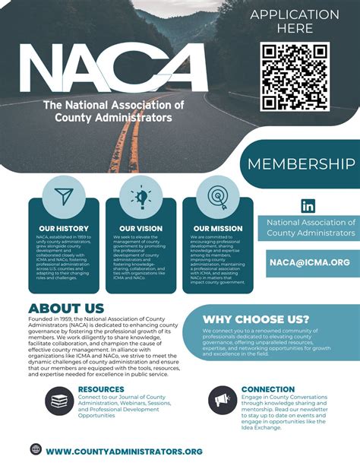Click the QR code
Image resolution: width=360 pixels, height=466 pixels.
coord(294,78)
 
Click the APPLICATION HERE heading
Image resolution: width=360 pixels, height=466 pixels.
coord(295,21)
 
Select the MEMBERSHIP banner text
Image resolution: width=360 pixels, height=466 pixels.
coord(302,164)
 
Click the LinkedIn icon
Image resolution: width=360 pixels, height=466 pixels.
coord(308,205)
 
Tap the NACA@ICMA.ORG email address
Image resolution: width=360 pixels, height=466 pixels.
coord(309,262)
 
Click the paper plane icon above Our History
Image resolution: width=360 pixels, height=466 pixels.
coord(63,195)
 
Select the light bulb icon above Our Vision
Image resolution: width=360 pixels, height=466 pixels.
coord(141,195)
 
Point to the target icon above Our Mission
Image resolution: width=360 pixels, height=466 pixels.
coord(218,195)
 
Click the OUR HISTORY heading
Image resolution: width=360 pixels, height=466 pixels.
coord(63,228)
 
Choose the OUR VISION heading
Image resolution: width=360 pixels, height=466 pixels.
coord(141,228)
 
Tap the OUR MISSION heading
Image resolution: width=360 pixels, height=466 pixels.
coord(218,228)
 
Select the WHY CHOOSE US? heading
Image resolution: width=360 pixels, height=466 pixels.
coord(256,319)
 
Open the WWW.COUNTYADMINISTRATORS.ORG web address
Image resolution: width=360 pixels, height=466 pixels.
coord(124,451)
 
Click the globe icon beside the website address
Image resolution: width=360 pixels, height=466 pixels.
coord(36,449)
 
